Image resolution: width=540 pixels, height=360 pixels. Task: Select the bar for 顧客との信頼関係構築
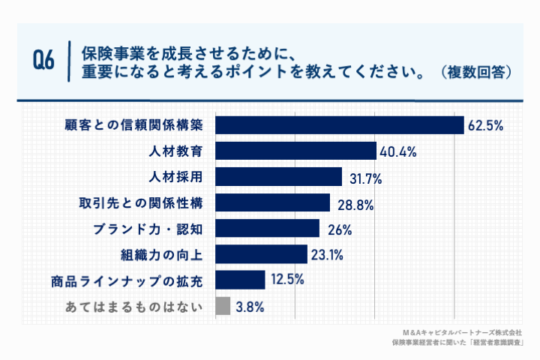pos(340,124)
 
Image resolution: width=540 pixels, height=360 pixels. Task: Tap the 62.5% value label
pos(485,125)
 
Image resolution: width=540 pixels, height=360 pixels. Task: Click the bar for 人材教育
pos(295,151)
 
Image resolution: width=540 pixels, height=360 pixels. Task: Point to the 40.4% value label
pos(397,151)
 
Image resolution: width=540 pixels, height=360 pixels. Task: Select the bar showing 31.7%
pos(278,177)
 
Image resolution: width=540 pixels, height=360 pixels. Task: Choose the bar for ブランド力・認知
pos(267,229)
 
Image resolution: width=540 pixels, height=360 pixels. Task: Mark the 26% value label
pos(337,229)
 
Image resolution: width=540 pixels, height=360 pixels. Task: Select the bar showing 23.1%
pos(261,254)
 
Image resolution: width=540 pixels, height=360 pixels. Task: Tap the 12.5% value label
pos(286,280)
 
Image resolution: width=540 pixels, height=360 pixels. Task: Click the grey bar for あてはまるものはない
pos(222,306)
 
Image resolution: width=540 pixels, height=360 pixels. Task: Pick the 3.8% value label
pos(249,307)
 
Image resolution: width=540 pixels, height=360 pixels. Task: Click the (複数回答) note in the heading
pos(477,73)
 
